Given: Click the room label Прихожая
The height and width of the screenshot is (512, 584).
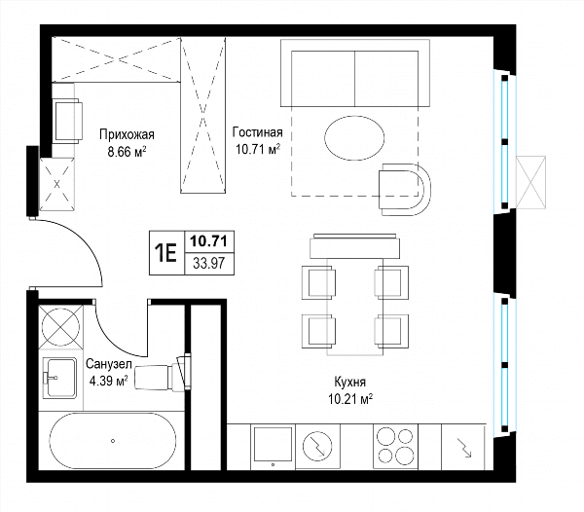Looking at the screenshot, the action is [x=127, y=134].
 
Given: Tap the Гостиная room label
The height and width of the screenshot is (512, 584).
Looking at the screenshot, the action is [x=257, y=132].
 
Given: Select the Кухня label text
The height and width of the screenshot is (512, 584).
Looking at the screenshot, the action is [x=350, y=382].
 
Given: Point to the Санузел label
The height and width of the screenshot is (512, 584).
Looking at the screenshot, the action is [x=109, y=364].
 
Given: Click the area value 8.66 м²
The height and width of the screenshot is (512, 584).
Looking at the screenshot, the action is [x=127, y=152].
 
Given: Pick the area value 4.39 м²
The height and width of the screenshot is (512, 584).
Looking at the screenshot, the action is [x=109, y=381].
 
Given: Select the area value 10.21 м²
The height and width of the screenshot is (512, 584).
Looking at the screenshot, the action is [x=350, y=399].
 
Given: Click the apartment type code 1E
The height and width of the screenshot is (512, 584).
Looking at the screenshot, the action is [x=166, y=253].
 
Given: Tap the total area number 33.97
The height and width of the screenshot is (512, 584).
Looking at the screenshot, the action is [x=209, y=264].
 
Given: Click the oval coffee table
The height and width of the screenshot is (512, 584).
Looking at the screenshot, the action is [x=354, y=138].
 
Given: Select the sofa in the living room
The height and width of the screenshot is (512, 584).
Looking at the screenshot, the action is [x=355, y=73].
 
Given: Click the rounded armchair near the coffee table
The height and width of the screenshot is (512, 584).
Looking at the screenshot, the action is [x=405, y=189].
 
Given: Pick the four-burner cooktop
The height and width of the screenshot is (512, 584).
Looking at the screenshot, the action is [x=395, y=446].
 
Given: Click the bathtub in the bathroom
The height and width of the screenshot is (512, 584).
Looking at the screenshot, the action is [x=113, y=441].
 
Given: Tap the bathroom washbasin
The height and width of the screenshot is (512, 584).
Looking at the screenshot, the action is [x=59, y=378].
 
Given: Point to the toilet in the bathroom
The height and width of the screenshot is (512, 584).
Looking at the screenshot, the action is [x=163, y=374].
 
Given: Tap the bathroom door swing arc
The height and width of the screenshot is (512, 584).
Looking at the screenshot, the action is [x=111, y=340].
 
